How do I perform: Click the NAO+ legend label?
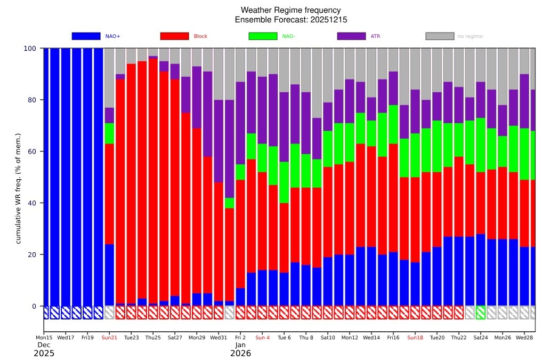click(113, 36)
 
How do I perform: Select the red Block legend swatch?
click(174, 36)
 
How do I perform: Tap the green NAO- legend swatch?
click(263, 36)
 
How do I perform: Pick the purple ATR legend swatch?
click(351, 36)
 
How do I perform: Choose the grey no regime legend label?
click(470, 36)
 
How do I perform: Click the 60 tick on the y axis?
click(33, 151)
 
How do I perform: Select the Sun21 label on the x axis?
click(109, 338)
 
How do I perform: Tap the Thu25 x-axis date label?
click(153, 338)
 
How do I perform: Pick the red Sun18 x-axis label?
click(415, 338)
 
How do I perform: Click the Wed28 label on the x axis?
click(524, 338)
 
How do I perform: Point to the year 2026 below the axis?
click(240, 354)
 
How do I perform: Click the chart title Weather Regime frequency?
click(290, 10)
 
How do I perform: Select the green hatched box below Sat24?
click(481, 313)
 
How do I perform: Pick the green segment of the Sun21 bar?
click(109, 133)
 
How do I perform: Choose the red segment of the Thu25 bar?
click(153, 181)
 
